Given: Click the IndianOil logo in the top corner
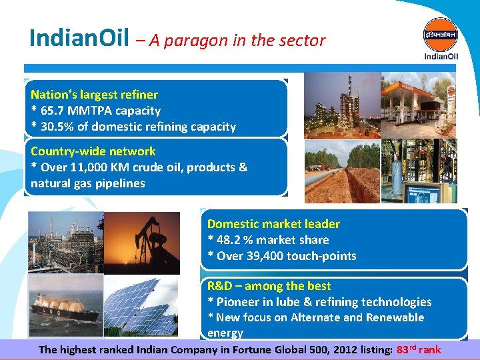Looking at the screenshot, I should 441,38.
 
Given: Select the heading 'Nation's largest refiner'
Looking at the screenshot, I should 94,95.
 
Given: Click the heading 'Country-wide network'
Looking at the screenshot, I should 93,151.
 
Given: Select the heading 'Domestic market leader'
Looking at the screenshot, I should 273,224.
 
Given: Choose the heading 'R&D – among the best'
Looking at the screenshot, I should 269,286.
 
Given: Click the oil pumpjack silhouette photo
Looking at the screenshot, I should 143,243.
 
